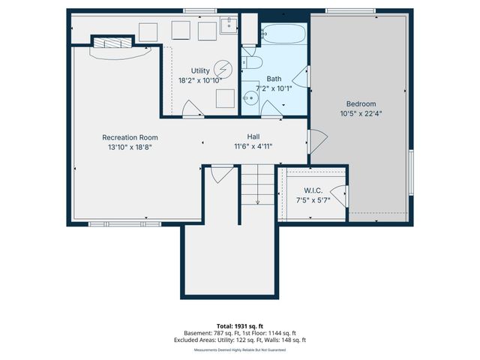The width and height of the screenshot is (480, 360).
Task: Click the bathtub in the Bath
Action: coord(284,34)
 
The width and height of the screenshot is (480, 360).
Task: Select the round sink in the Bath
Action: coord(250,97)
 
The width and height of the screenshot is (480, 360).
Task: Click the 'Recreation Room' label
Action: coord(130,137)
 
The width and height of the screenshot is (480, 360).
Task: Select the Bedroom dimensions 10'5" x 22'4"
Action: coord(361,114)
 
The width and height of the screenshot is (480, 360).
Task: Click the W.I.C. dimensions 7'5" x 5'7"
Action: coord(313,200)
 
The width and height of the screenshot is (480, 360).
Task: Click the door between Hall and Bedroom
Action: coord(315,139)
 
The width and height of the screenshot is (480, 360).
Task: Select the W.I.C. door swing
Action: coord(341,196)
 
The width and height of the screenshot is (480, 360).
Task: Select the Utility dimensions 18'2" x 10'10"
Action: coord(200,79)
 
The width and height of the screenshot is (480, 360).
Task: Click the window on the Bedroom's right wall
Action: coord(411,172)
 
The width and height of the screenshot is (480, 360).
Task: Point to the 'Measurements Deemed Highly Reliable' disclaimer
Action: coord(240,349)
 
